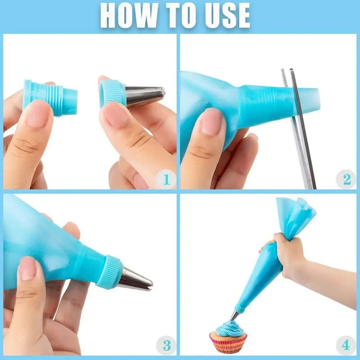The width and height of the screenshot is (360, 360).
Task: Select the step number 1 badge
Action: click(x=166, y=180)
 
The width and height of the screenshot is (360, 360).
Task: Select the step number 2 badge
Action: click(x=346, y=180)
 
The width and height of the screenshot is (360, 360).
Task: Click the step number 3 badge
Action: click(x=166, y=346)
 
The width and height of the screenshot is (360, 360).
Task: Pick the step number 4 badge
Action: click(x=345, y=346)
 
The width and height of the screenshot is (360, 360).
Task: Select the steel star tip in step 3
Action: click(x=135, y=279)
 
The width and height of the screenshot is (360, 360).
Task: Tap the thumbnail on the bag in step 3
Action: click(x=28, y=269)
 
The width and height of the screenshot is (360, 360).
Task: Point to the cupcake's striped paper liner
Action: click(x=228, y=344)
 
